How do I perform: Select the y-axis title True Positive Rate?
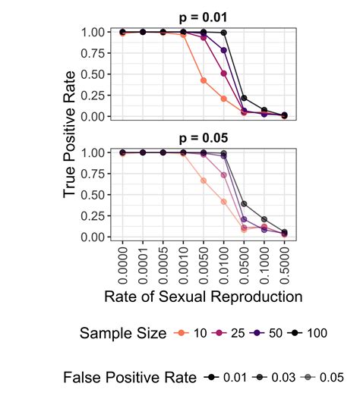click(x=70, y=134)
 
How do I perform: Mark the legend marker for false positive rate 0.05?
click(x=305, y=378)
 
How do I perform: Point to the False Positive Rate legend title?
click(x=129, y=378)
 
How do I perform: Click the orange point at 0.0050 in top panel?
click(x=204, y=80)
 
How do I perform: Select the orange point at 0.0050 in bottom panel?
click(x=204, y=181)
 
